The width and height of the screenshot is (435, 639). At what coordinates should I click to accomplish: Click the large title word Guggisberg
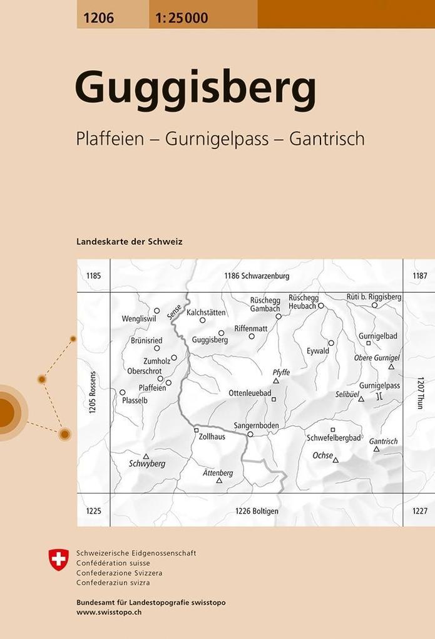coord(195,90)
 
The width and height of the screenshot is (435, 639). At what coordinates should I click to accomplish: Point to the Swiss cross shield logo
coord(59,559)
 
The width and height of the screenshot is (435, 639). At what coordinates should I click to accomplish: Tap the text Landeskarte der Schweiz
coord(129,241)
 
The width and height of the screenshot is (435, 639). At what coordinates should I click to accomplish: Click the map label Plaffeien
coord(152,388)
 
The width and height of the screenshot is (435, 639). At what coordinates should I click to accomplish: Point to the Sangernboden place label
coord(256,425)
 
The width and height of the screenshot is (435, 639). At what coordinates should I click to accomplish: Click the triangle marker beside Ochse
coord(335,460)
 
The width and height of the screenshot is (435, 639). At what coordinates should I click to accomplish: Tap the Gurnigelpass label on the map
coord(379,385)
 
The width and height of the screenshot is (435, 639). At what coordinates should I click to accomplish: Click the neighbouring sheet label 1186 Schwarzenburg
coord(257,276)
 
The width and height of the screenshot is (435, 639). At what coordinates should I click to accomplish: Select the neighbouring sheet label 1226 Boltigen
coord(257,511)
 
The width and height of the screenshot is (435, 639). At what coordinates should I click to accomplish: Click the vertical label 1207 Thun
coord(421,392)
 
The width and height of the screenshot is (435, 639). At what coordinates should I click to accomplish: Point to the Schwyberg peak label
coord(146,464)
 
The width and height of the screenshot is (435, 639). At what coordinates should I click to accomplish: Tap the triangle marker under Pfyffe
coord(275,380)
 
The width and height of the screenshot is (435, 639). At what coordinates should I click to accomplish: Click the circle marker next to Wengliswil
coord(157,310)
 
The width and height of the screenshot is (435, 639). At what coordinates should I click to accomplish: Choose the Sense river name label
coord(175,311)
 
